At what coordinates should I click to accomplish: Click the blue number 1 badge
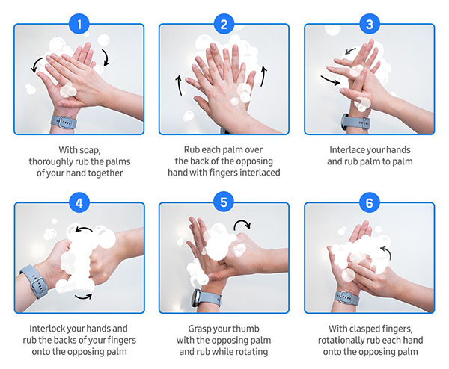(79, 24)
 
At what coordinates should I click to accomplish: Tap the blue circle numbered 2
(224, 24)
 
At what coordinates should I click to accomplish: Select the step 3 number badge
(369, 24)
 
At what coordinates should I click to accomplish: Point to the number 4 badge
(79, 202)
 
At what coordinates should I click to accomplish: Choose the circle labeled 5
(224, 202)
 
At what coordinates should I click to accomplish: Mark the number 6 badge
(369, 202)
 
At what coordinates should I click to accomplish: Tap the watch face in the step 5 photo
(197, 298)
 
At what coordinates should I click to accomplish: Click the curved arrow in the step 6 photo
(385, 250)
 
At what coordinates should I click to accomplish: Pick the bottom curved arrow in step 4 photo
(85, 296)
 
